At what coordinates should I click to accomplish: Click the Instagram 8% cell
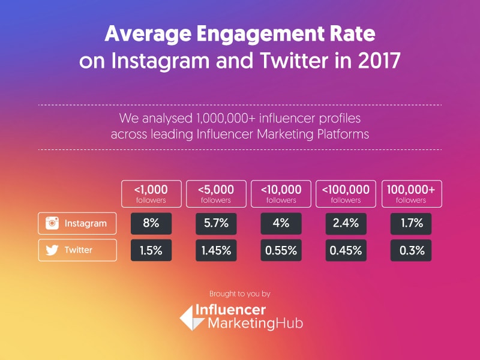click(151, 223)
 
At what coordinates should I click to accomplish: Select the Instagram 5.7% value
click(217, 223)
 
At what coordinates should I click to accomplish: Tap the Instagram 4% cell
click(281, 223)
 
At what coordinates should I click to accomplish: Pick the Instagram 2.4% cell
click(346, 223)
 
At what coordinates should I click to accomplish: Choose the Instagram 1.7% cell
click(411, 223)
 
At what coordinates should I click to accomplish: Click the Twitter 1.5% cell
click(151, 250)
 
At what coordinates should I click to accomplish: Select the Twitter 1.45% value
click(217, 250)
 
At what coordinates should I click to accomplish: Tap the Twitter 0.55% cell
click(281, 250)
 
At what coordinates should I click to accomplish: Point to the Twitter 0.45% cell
click(346, 250)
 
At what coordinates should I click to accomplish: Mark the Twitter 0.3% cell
click(411, 250)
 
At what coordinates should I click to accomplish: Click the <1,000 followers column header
click(151, 193)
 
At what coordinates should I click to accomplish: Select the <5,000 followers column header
click(217, 193)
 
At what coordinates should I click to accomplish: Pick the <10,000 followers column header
click(281, 193)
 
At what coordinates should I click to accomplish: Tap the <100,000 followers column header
click(346, 193)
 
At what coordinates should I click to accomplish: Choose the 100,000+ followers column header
click(411, 193)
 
